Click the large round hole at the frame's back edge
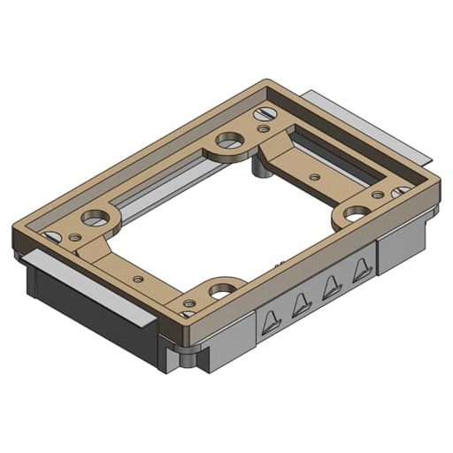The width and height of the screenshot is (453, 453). pos(229,140)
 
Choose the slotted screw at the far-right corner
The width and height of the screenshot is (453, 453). pos(401,191)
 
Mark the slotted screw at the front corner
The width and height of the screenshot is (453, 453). pos(188,311)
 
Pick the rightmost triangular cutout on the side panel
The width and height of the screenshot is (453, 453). pos(359,270)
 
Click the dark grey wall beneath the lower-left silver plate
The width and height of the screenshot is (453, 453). pos(80,305)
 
